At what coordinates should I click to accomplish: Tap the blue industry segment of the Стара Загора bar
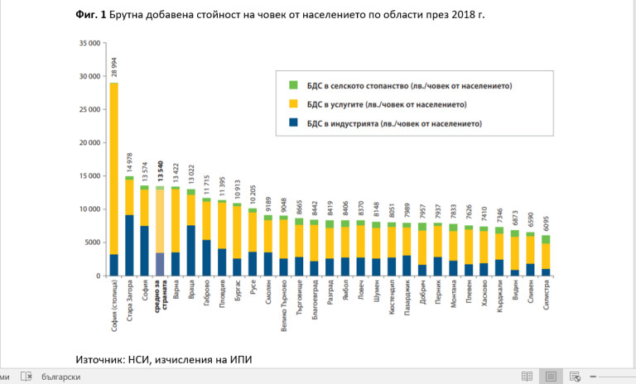pos(129,245)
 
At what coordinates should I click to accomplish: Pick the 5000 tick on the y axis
pos(92,242)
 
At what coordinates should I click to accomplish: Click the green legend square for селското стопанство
pos(293,85)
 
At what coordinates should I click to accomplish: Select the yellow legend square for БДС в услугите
pos(293,105)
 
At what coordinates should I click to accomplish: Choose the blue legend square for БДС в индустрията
pos(293,124)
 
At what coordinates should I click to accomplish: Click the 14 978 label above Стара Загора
pos(129,161)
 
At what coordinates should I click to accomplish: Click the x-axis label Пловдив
pos(223,295)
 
